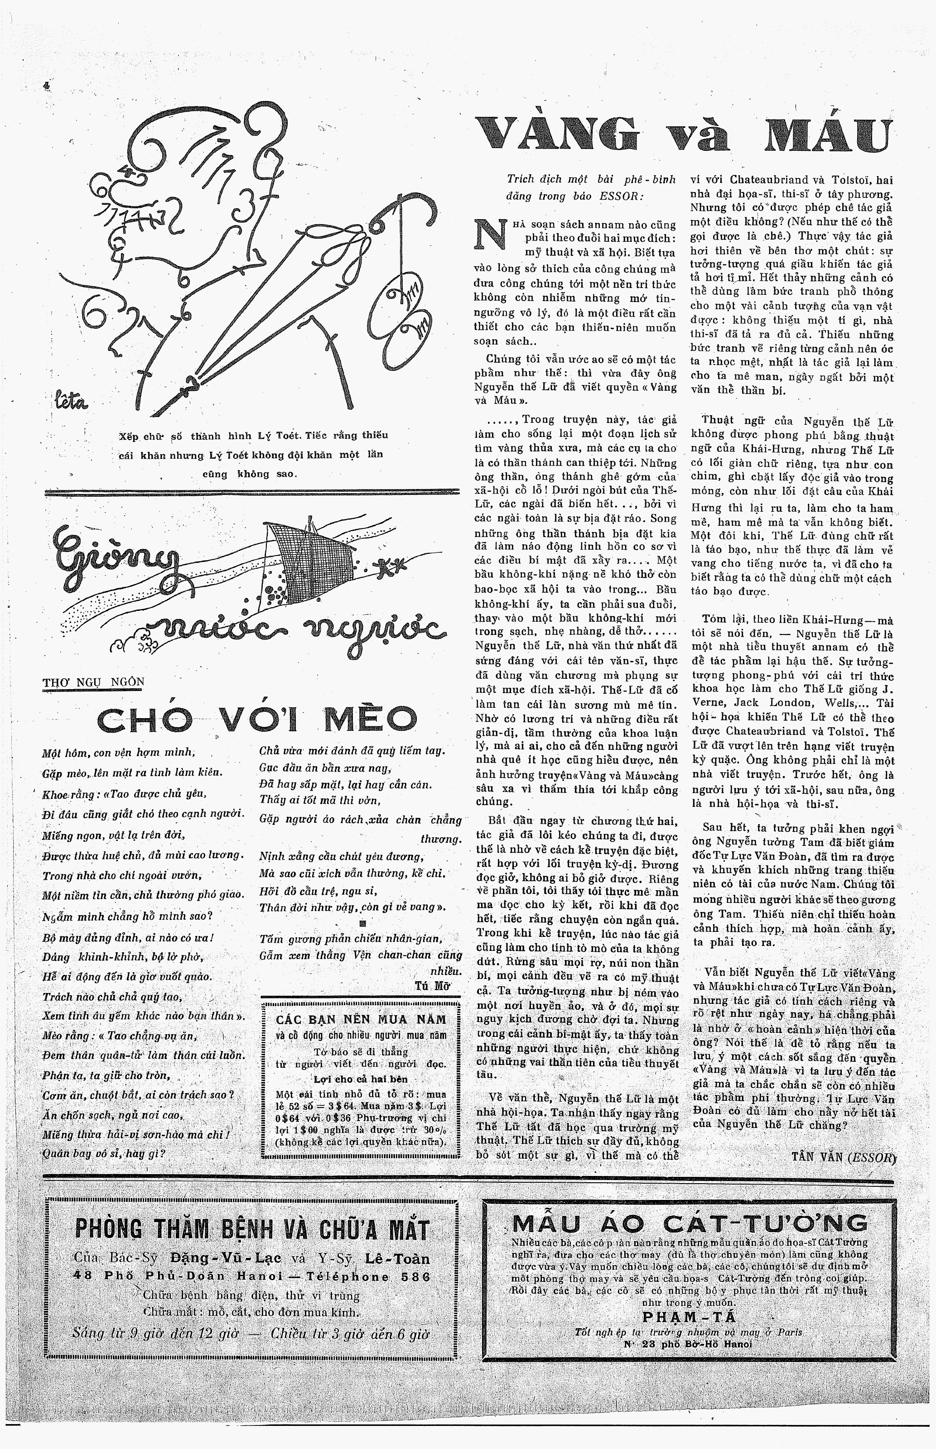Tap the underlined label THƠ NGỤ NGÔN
pyautogui.click(x=94, y=681)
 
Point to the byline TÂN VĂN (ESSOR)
pyautogui.click(x=844, y=1157)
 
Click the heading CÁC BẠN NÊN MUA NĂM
pyautogui.click(x=361, y=1020)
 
